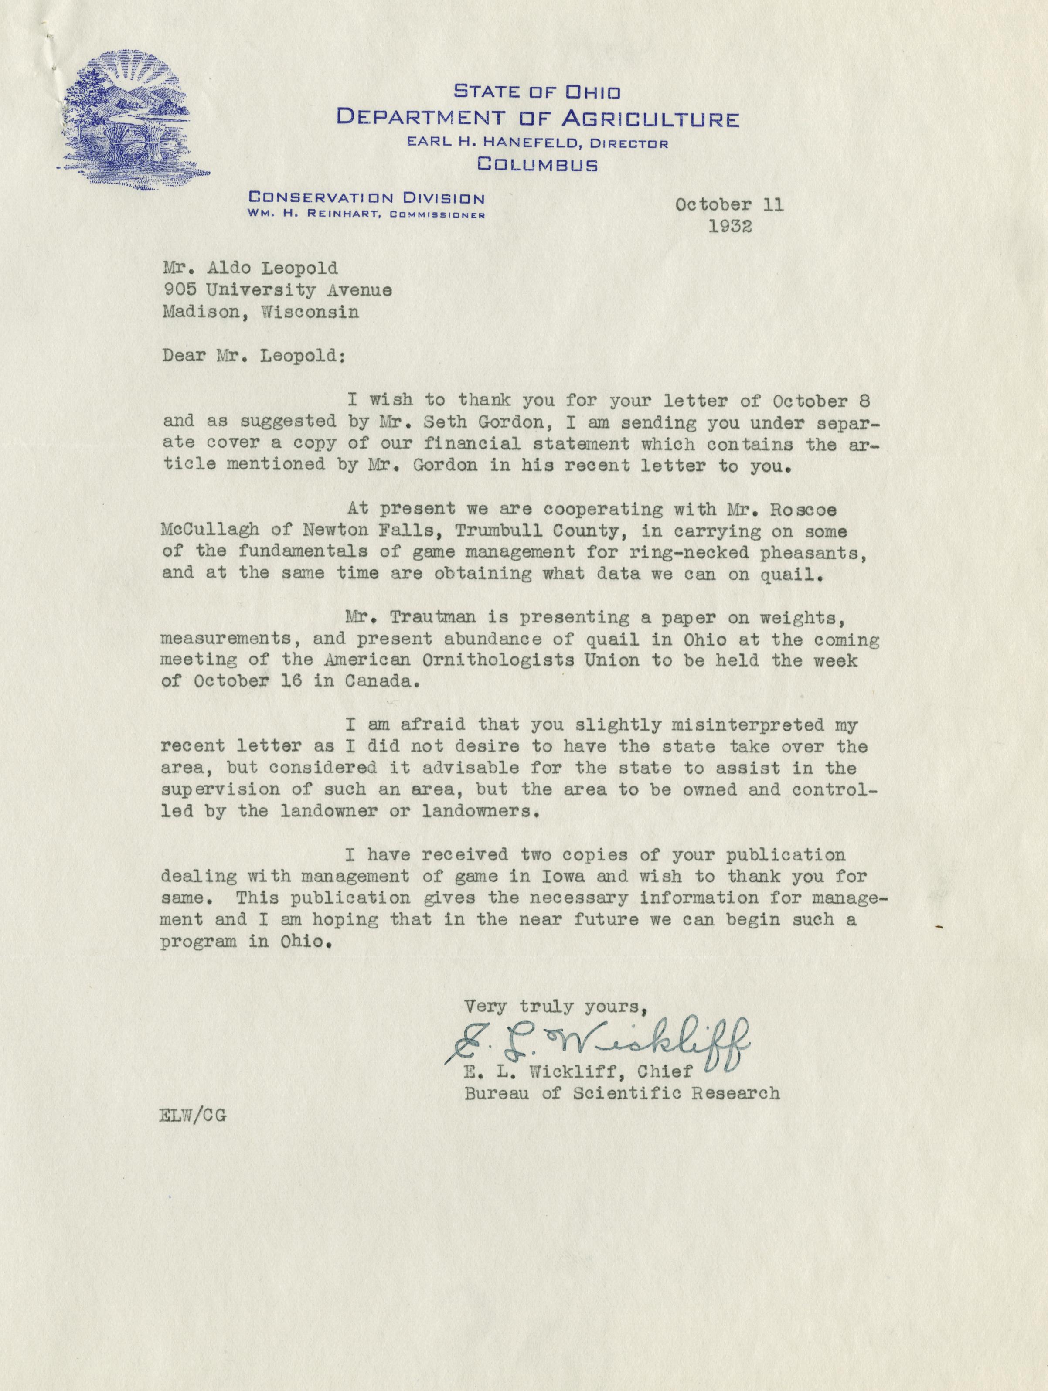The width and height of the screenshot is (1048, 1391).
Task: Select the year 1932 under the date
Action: (x=730, y=226)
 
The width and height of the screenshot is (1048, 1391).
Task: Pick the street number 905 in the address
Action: (x=176, y=290)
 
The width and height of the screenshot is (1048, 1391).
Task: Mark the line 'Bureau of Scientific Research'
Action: (x=622, y=1094)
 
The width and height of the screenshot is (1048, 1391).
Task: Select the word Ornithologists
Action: (x=497, y=660)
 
